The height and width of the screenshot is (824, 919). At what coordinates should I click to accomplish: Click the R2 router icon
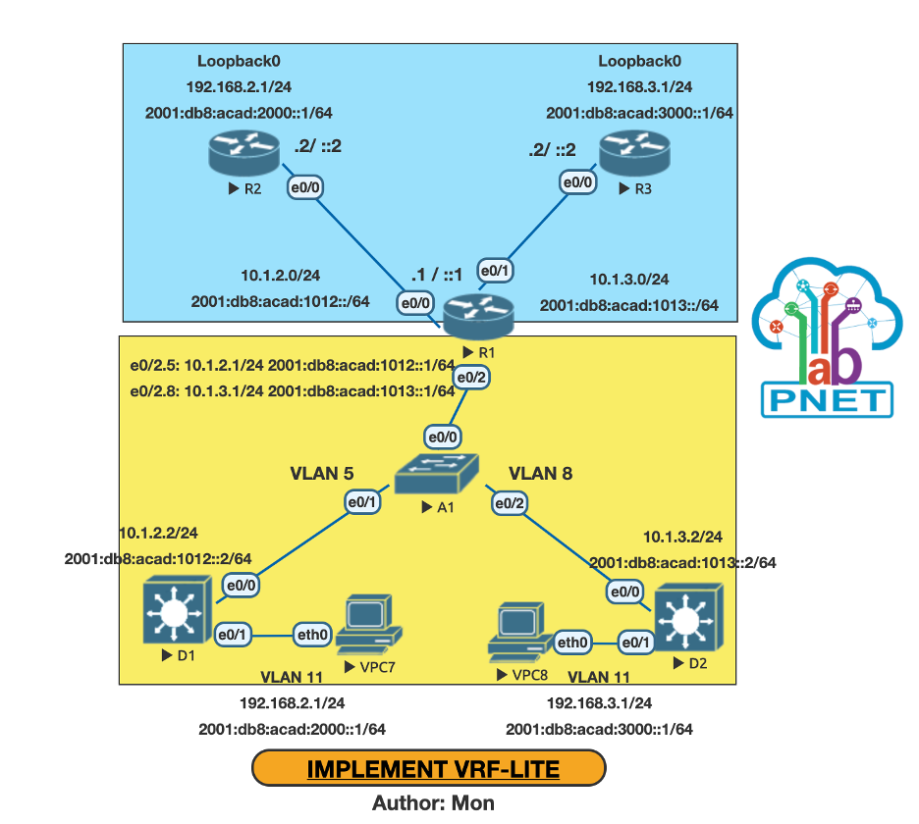click(239, 154)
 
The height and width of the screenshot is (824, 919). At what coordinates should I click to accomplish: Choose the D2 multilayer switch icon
click(689, 616)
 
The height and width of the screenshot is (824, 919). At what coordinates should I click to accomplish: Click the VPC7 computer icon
click(369, 628)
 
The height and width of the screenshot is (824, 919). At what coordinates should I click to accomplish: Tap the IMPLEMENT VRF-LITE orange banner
click(433, 768)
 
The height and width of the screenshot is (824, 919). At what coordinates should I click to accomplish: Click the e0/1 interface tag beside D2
click(634, 643)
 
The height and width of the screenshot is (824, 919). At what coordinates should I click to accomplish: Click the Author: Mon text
click(433, 802)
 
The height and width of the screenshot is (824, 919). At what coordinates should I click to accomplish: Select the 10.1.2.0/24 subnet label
click(280, 276)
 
